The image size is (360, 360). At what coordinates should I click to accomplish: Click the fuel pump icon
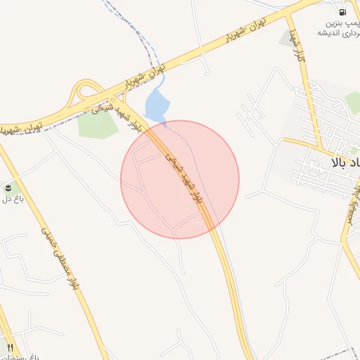point(342,11)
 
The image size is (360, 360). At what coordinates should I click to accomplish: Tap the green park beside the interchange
point(97,123)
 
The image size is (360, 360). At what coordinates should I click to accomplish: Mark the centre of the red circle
point(180,179)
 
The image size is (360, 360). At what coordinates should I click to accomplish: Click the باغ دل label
point(12,199)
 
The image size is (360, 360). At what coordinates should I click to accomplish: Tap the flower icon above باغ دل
point(8,188)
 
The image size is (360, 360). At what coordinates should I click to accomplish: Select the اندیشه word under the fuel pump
point(330,32)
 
